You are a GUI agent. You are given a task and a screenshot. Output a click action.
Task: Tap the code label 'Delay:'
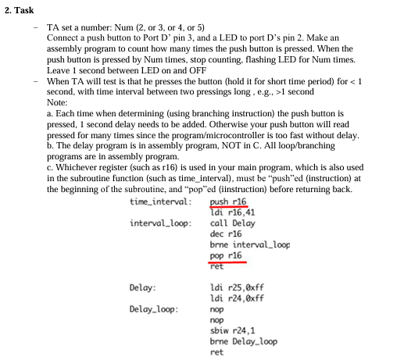(x=141, y=288)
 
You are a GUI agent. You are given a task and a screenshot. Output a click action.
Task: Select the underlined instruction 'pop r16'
(x=225, y=255)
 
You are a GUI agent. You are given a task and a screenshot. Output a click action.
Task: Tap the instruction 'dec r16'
(x=223, y=233)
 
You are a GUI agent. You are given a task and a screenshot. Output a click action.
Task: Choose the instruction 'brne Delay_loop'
(x=244, y=341)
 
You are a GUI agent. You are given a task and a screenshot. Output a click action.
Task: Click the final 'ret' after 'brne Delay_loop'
(x=216, y=352)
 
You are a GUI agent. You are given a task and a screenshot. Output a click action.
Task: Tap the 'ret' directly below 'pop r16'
(x=216, y=266)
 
